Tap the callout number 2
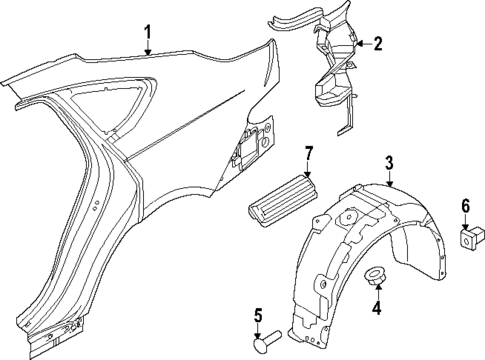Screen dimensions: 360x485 click(377, 43)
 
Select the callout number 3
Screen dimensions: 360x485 click(390, 163)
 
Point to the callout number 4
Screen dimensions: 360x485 click(377, 309)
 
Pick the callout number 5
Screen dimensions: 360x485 click(256, 318)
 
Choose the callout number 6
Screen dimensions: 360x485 click(465, 206)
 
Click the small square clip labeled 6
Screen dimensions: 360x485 click(467, 239)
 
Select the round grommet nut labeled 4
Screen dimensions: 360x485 click(377, 275)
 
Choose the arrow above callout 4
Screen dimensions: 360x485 click(377, 293)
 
